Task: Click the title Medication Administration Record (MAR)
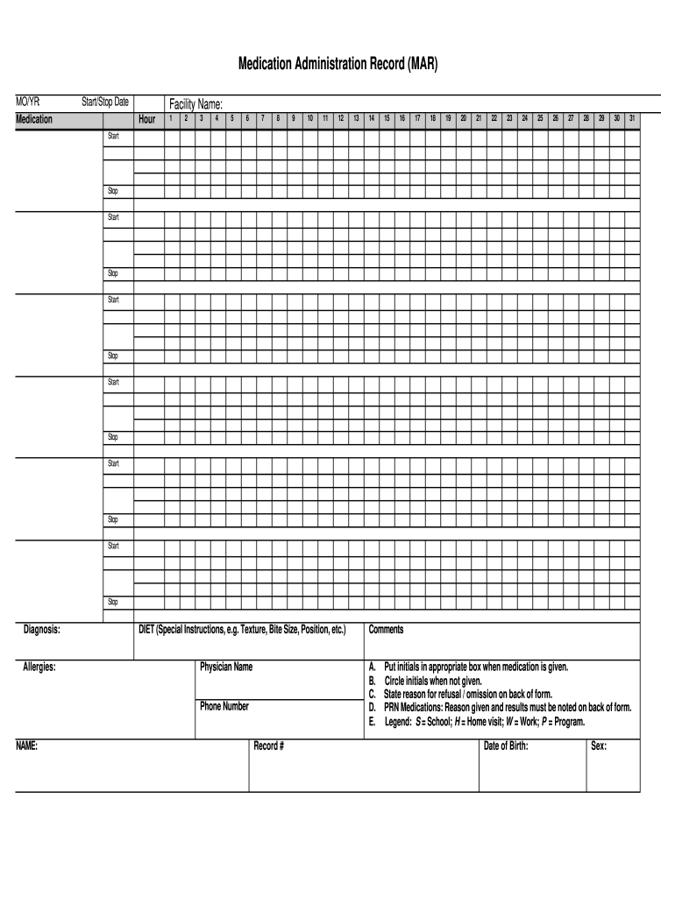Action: pos(337,65)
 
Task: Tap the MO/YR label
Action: pos(28,102)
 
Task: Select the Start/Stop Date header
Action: pos(104,102)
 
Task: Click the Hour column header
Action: pos(147,119)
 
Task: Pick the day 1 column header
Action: pos(172,118)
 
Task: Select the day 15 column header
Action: pos(387,118)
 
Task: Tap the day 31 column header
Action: pos(632,118)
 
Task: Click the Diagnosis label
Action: pos(41,629)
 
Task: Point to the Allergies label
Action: pos(39,667)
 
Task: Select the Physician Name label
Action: pos(226,667)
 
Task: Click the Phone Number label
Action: pos(224,706)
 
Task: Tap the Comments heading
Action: pos(386,629)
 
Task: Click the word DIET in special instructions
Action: pos(146,629)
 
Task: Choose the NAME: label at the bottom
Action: pos(26,746)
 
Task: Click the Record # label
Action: pos(268,746)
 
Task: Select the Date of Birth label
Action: pos(506,746)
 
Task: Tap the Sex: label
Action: pos(599,746)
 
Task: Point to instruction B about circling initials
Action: pos(425,680)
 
